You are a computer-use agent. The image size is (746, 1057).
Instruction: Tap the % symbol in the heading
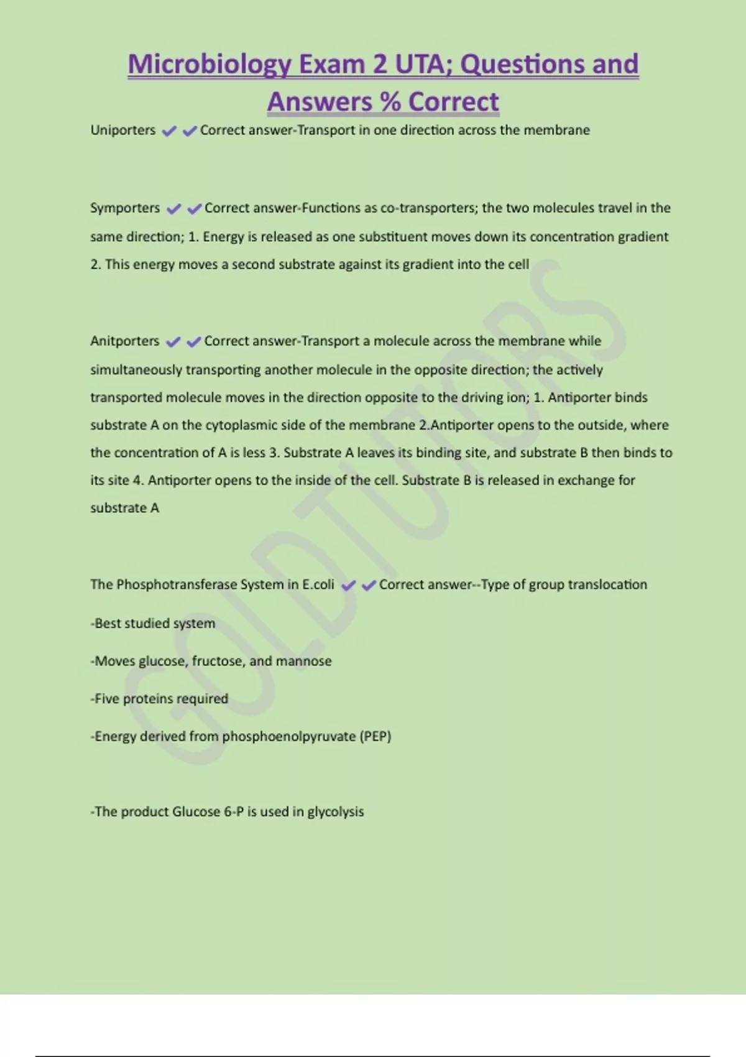point(389,102)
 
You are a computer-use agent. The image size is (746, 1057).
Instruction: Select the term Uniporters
point(123,131)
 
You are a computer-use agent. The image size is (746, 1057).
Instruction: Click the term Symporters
point(125,208)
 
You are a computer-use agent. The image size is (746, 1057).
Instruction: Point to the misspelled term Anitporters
point(124,341)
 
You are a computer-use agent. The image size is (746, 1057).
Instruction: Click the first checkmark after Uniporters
point(168,131)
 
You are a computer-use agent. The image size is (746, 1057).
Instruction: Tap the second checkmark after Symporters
point(194,209)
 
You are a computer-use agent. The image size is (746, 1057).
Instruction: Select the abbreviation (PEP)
point(375,737)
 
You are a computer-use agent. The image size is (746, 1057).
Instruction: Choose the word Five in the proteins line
point(106,699)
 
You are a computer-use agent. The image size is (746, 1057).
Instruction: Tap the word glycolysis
point(336,812)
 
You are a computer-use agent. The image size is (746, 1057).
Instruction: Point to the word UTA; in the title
point(422,65)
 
